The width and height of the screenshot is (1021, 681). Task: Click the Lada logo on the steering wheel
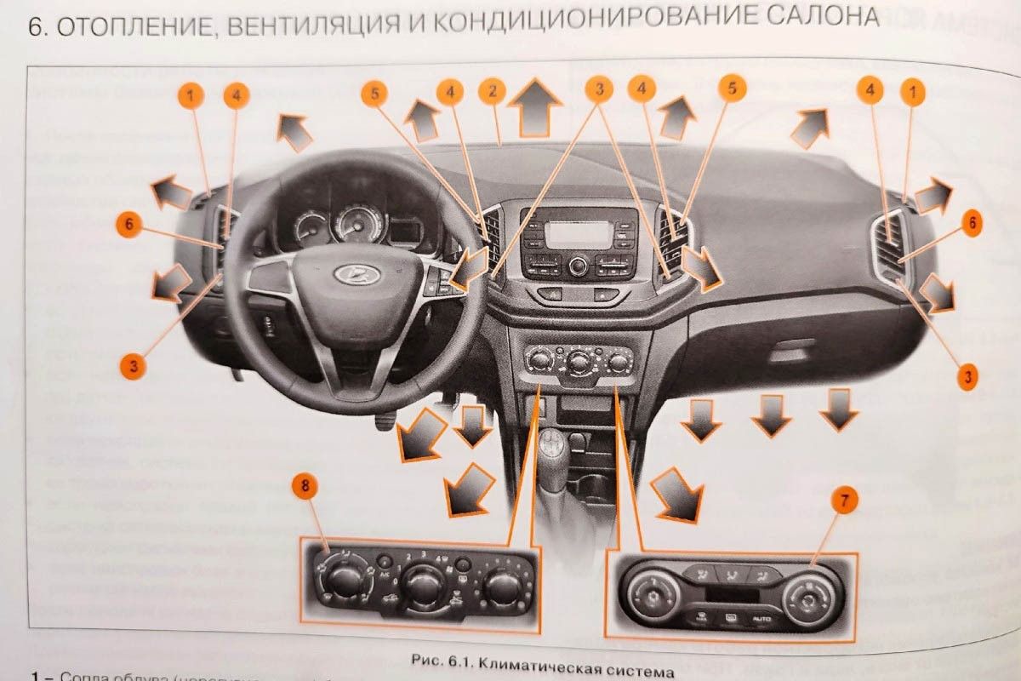pos(346,274)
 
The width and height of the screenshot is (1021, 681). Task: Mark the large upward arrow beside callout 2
pos(534,106)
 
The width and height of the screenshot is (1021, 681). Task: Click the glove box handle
pos(791,347)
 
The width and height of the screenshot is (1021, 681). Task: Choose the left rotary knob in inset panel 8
pos(342,582)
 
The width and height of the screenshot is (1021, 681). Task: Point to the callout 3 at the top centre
pos(599,88)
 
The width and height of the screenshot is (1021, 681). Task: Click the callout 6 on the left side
pos(127,226)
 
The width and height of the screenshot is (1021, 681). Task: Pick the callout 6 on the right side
pos(972,224)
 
